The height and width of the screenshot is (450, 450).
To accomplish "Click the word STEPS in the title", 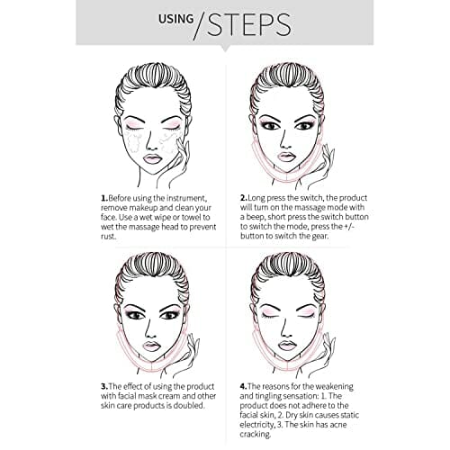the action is [x=249, y=24].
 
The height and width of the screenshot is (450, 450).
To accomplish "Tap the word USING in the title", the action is [x=175, y=19].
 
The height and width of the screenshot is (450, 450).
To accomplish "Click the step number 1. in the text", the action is [x=104, y=198].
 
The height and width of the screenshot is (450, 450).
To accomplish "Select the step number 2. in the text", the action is [x=244, y=198].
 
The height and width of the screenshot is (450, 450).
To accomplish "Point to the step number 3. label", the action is [x=104, y=386].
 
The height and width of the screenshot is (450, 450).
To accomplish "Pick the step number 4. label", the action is [x=244, y=386].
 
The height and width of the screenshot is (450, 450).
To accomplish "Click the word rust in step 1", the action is [x=107, y=237].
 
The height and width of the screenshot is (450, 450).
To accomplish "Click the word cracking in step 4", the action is [x=255, y=435].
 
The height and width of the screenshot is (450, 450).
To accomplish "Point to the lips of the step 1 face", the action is [x=152, y=158].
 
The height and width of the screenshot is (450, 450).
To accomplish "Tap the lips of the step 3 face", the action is [x=151, y=346].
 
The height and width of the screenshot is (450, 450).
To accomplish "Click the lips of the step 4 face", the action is [x=286, y=346].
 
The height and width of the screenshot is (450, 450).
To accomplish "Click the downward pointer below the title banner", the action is [x=225, y=48].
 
